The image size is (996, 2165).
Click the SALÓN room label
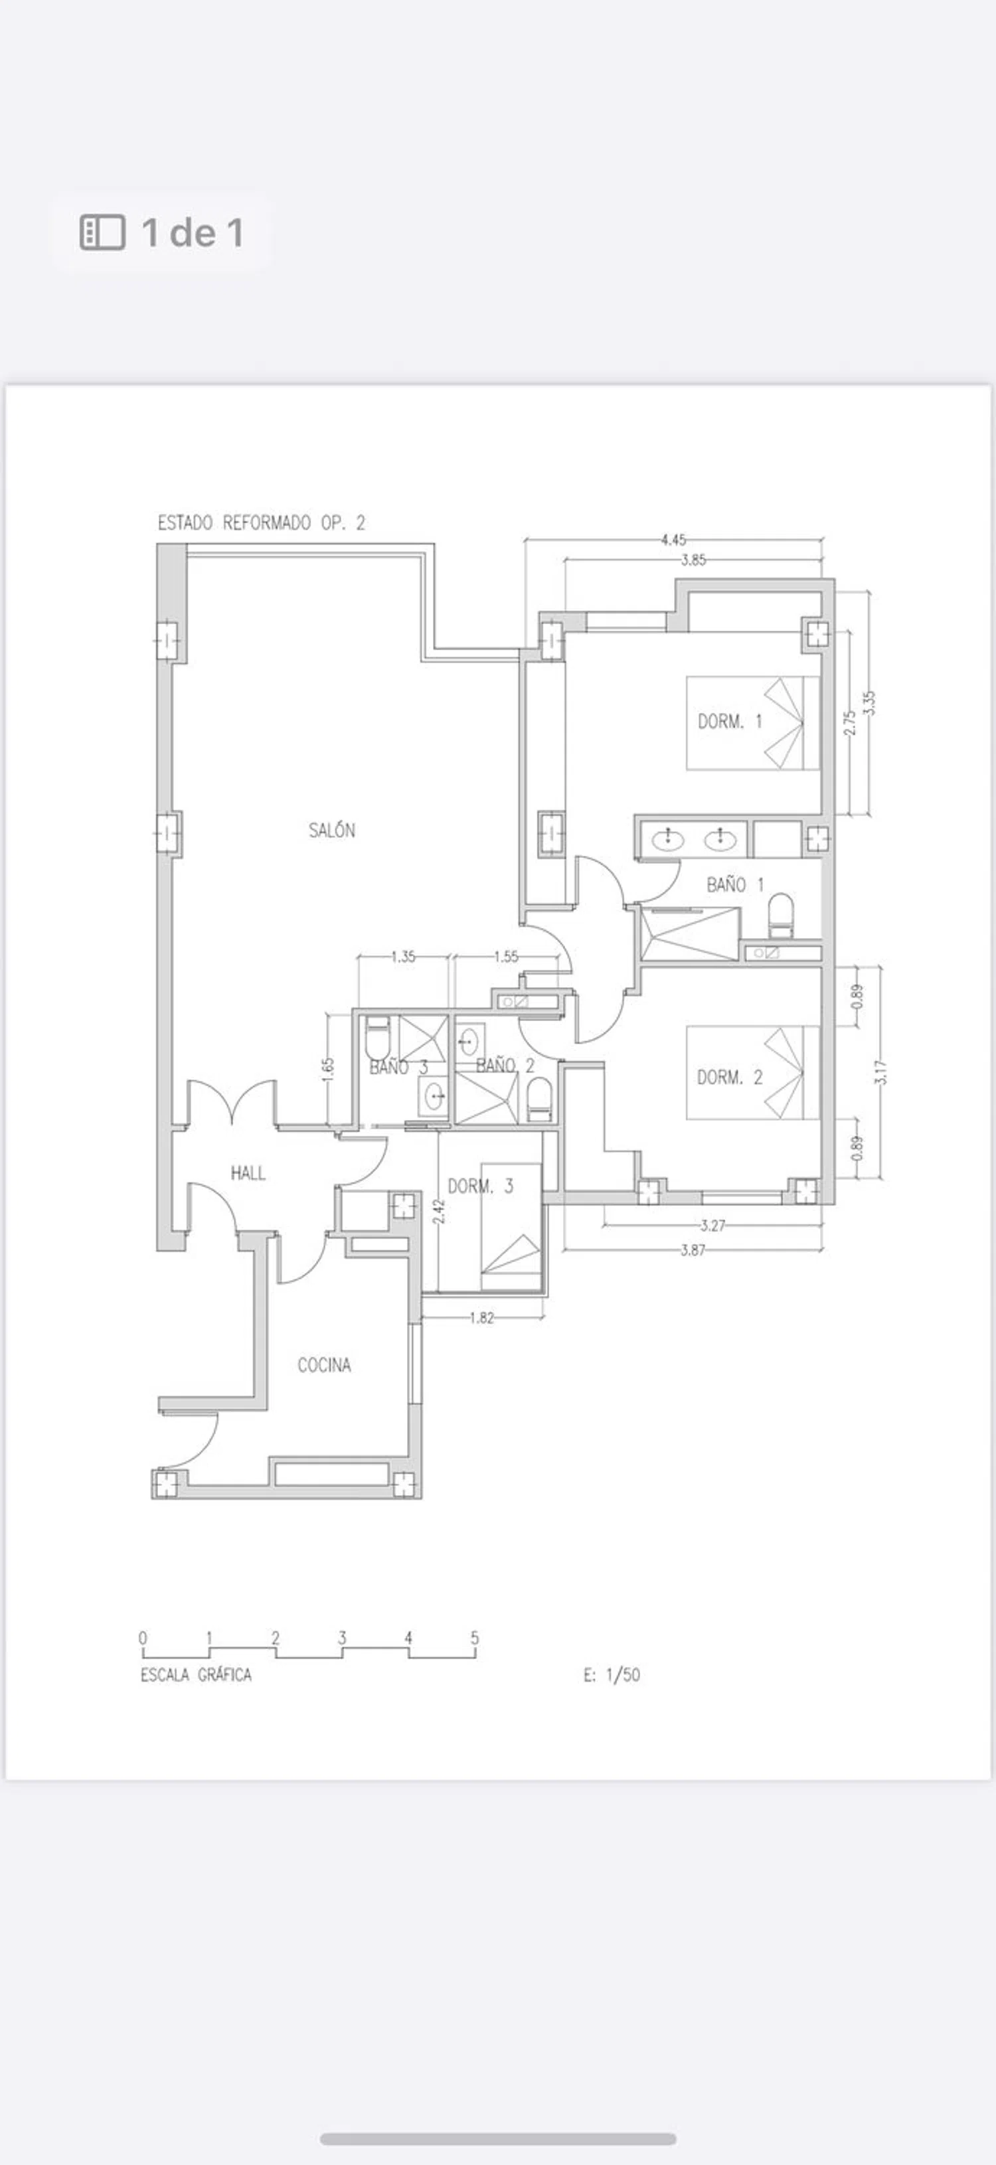point(332,831)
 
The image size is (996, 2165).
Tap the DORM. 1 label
point(730,721)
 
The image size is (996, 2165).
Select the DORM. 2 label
point(730,1078)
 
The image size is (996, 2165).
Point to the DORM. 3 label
point(480,1186)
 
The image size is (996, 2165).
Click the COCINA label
point(325,1365)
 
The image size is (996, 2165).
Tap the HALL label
point(248,1172)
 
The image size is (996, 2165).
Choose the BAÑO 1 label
point(736,884)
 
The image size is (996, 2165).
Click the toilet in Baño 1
point(781,916)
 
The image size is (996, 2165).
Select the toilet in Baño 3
point(377,1038)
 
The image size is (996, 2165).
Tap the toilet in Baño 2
point(538,1099)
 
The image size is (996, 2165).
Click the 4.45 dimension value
point(673,540)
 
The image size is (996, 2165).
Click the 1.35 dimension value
point(404,957)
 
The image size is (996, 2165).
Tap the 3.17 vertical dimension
point(880,1072)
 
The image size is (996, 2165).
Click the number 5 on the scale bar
point(475,1637)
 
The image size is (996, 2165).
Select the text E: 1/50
point(612,1674)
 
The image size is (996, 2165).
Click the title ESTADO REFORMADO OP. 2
point(262,522)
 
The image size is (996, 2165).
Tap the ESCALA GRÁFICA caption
point(196,1675)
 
